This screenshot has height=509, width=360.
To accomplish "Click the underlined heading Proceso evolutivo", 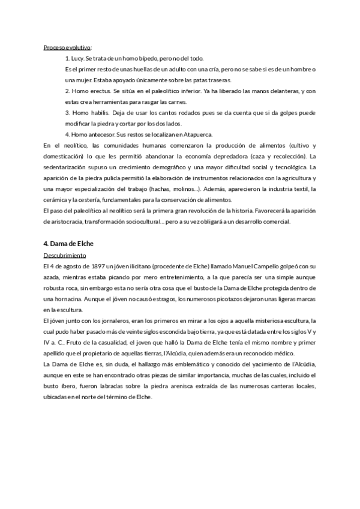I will tap(67, 47).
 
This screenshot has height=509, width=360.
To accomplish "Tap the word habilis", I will tap(97, 112).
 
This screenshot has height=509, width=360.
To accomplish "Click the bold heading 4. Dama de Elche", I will tap(69, 244).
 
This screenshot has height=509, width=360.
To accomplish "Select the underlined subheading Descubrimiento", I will tap(65, 254).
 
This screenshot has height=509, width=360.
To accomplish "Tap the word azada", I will tap(53, 276).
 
